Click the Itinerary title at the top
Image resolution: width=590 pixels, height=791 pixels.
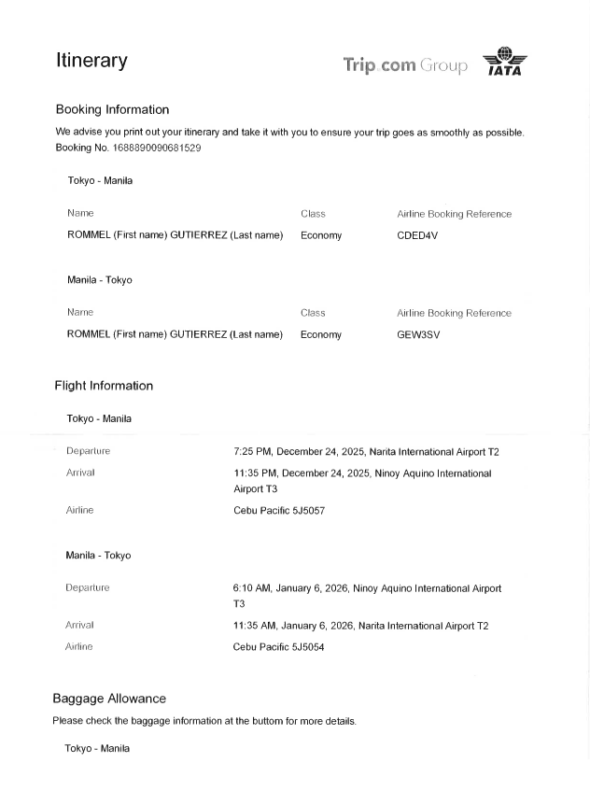[x=91, y=61]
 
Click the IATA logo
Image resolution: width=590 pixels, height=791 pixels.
[x=504, y=62]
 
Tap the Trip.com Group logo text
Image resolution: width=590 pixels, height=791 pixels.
[x=405, y=64]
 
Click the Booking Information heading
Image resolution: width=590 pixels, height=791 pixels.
[x=112, y=109]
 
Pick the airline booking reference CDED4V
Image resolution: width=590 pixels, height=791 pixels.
[x=417, y=235]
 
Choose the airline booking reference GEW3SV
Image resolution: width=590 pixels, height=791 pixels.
[x=417, y=334]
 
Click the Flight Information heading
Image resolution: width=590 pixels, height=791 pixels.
[x=104, y=386]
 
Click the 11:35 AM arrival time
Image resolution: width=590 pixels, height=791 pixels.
[x=254, y=626]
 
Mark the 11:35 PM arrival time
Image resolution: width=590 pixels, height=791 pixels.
[x=254, y=473]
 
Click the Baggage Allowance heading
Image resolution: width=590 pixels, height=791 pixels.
[x=109, y=699]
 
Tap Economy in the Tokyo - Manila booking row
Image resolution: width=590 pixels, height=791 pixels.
[x=321, y=235]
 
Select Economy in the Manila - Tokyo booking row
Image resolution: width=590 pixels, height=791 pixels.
[x=321, y=334]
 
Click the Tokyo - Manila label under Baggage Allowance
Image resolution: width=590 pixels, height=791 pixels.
[x=97, y=749]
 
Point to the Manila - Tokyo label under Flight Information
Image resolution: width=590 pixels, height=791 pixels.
[x=98, y=556]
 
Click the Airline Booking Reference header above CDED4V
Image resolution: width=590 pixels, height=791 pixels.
[x=454, y=214]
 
